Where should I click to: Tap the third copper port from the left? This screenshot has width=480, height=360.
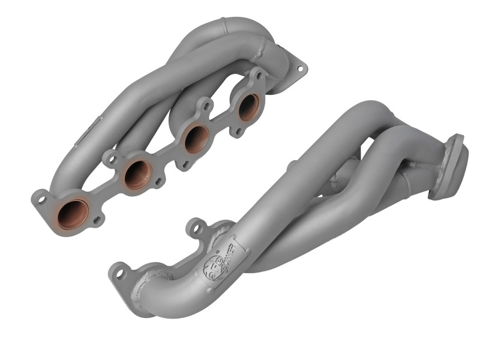[196, 139]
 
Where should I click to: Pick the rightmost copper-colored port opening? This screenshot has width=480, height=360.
[248, 106]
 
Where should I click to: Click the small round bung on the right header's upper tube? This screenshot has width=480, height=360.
[292, 165]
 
